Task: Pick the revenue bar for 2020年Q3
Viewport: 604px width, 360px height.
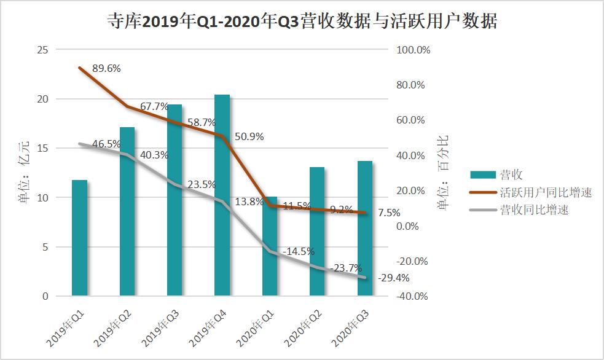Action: coord(365,258)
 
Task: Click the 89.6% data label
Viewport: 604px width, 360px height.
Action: coord(106,69)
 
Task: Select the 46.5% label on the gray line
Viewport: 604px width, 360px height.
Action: coord(106,144)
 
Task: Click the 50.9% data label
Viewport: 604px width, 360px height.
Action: coord(249,137)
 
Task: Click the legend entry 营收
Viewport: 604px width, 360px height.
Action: coord(511,175)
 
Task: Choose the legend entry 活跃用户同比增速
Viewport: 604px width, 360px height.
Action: coord(546,193)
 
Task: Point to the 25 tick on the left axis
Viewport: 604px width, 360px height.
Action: coord(42,50)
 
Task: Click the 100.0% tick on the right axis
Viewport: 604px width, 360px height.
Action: coord(415,50)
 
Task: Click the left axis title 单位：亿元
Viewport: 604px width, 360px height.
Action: coord(24,173)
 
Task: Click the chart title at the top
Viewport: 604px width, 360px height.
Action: coord(301,22)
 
